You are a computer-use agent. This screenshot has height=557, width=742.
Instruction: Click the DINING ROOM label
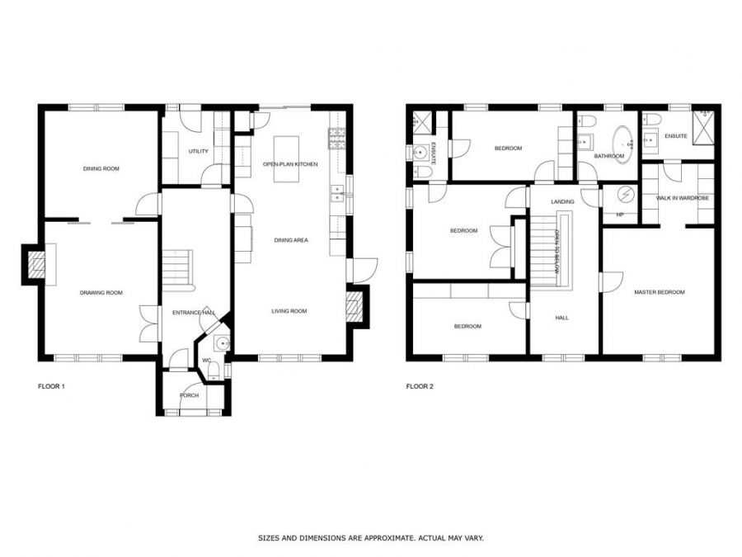tap(101, 168)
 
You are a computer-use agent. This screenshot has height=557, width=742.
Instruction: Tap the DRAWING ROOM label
tap(101, 292)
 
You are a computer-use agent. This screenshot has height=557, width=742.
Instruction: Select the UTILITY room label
tap(199, 151)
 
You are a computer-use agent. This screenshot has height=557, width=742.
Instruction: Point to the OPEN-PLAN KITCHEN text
tap(290, 164)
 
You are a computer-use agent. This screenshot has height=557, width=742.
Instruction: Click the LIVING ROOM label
tap(289, 311)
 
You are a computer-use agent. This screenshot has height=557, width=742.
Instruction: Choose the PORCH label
tap(189, 395)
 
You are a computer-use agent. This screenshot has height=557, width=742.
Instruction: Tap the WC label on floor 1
tap(207, 361)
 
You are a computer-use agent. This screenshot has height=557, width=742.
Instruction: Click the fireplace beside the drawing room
tap(35, 264)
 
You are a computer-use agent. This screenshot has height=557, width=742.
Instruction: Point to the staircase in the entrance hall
tap(177, 267)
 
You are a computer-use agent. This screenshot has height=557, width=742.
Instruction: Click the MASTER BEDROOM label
tap(659, 292)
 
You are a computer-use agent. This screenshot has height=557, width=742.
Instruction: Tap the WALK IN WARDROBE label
tap(683, 198)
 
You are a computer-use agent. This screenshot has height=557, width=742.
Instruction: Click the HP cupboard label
tap(619, 215)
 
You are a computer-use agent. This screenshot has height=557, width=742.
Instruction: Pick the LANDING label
tap(563, 201)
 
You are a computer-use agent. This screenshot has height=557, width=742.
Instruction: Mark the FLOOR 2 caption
tap(420, 386)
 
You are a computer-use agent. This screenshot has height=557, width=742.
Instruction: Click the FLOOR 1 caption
tap(51, 386)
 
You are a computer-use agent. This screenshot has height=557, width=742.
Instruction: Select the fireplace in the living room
tap(355, 307)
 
